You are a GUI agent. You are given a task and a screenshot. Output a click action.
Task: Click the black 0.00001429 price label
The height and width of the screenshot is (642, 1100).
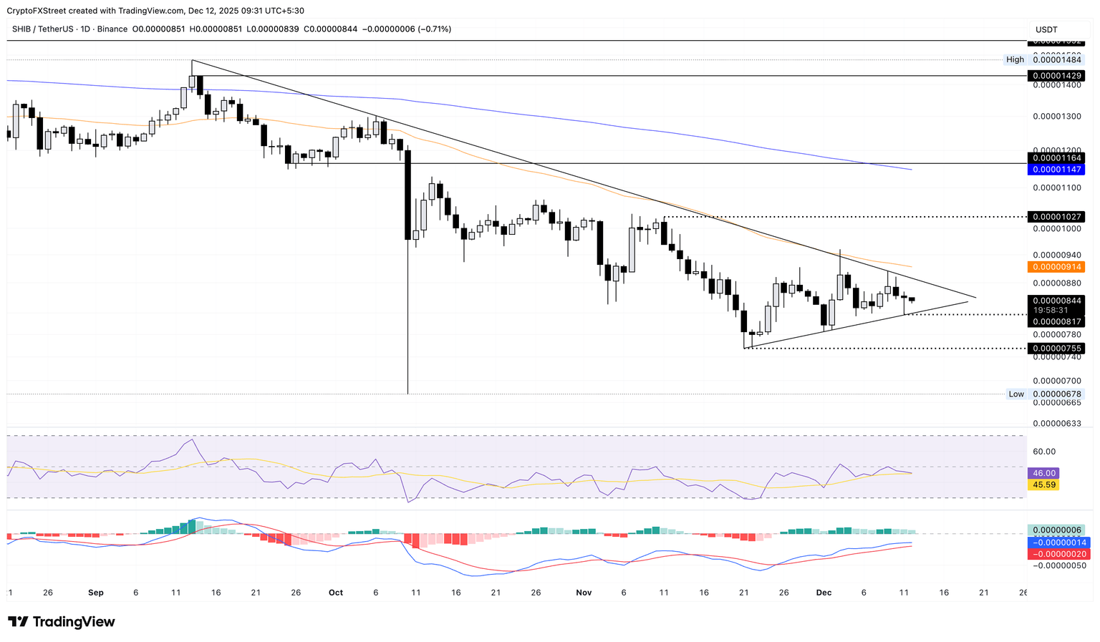(1056, 76)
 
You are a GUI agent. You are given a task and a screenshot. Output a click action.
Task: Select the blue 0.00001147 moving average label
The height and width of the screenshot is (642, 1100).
(1056, 170)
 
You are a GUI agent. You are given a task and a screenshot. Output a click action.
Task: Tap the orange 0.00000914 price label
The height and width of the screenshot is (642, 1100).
(1056, 267)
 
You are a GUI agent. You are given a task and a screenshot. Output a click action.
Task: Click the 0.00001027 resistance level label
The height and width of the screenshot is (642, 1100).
(1056, 217)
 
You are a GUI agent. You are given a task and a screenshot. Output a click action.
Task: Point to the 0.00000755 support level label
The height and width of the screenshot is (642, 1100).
(1056, 349)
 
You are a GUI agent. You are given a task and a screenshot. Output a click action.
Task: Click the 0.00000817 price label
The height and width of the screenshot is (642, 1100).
(1056, 322)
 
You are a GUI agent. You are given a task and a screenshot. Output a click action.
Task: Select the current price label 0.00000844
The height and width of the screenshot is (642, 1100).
(1056, 301)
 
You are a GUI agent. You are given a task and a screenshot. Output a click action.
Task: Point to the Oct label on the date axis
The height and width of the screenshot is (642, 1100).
(336, 593)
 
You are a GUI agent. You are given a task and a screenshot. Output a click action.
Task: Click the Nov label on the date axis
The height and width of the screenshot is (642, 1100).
(584, 593)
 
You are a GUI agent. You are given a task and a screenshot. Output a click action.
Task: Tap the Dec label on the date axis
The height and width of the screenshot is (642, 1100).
(824, 593)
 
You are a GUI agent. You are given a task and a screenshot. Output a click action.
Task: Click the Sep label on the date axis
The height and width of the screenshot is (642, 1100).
(96, 593)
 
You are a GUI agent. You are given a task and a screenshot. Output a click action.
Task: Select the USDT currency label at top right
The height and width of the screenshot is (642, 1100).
(1046, 29)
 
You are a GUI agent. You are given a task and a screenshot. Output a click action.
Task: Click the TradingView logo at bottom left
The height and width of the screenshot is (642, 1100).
(62, 622)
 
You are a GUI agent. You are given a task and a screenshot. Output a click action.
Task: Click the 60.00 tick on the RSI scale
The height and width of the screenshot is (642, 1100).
(1044, 452)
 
